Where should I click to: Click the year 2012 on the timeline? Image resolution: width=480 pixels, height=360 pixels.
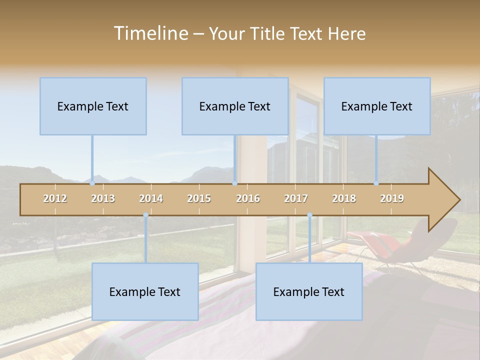click(x=55, y=198)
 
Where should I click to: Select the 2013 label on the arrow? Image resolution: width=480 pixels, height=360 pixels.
click(x=103, y=198)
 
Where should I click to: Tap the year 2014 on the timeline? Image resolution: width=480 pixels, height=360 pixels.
click(x=151, y=198)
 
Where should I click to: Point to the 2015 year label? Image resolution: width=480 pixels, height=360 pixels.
click(x=199, y=198)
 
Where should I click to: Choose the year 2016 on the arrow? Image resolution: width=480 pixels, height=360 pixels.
click(x=248, y=198)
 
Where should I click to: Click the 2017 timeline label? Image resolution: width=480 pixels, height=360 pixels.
click(x=296, y=198)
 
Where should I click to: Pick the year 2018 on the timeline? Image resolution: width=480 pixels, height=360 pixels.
click(x=344, y=198)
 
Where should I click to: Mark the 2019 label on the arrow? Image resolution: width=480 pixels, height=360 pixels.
click(x=392, y=198)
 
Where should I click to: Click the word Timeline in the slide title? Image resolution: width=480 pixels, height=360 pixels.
click(x=150, y=33)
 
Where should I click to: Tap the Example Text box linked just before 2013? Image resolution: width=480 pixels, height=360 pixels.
click(x=93, y=106)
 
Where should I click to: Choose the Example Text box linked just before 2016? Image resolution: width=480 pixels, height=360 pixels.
click(x=235, y=106)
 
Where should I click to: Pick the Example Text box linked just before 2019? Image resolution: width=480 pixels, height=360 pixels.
click(x=377, y=106)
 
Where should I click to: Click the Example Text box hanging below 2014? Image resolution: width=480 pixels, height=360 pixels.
click(x=145, y=291)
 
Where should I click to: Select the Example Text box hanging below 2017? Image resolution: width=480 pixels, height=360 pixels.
click(x=309, y=291)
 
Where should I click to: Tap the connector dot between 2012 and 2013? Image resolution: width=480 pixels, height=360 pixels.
click(x=92, y=183)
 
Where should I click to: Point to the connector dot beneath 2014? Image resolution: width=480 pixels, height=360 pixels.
click(x=145, y=215)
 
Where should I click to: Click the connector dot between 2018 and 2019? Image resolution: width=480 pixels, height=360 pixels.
click(x=376, y=183)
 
